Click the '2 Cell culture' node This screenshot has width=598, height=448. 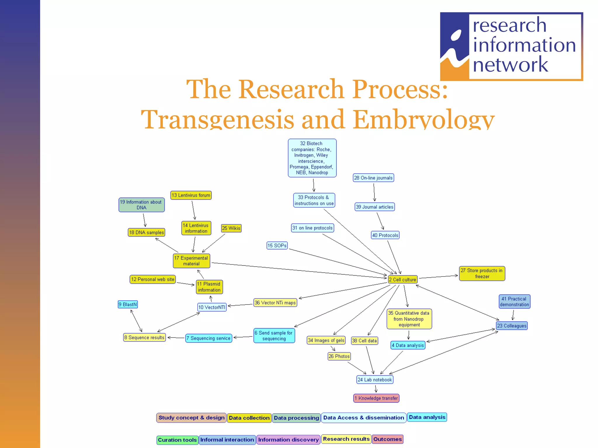402,279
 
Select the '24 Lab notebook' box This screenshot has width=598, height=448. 375,379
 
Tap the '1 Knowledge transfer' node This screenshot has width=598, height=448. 376,398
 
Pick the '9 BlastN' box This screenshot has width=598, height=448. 128,304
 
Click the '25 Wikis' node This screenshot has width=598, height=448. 231,228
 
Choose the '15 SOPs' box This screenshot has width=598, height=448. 277,246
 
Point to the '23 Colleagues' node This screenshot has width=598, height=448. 512,325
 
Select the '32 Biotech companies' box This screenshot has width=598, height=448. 312,158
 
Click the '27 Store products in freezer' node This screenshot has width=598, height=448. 482,274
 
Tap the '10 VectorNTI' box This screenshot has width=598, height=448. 212,307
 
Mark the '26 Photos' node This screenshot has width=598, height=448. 339,356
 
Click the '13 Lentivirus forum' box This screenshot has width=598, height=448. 191,195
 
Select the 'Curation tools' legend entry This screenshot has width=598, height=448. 177,440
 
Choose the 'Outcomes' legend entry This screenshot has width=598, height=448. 387,439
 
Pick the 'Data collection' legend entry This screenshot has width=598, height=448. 249,418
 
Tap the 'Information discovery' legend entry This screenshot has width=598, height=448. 288,440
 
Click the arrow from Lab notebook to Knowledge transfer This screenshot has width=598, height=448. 376,389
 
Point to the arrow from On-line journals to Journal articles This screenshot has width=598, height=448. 374,192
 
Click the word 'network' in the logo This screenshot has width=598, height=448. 510,65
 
